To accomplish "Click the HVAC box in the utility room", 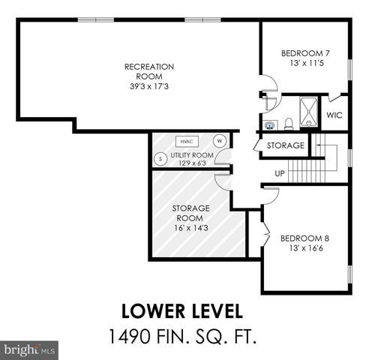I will (x=184, y=140).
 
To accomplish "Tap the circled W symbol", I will (x=220, y=140).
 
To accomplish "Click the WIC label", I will (x=334, y=115).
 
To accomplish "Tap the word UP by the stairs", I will (x=280, y=173).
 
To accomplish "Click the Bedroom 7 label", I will (x=305, y=53).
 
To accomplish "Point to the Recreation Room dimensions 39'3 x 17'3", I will (x=148, y=87).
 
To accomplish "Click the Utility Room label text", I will (x=192, y=155).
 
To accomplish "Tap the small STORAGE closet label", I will (x=286, y=145).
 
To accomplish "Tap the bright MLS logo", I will (x=30, y=350).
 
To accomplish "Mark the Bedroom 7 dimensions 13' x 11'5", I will (x=305, y=64).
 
